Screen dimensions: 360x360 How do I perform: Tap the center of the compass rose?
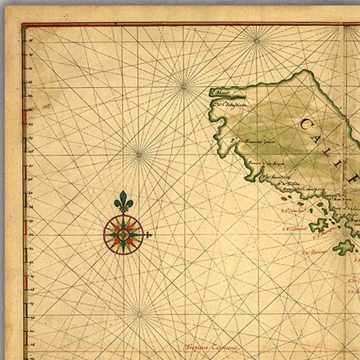click(123, 235)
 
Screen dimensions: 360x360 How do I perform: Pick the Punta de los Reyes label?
click(267, 164)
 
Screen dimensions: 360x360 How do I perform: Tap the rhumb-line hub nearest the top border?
click(257, 40)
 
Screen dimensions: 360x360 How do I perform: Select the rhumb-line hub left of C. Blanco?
click(184, 86)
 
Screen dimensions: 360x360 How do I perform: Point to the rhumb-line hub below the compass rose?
click(139, 314)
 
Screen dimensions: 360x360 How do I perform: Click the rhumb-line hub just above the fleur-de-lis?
click(139, 155)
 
